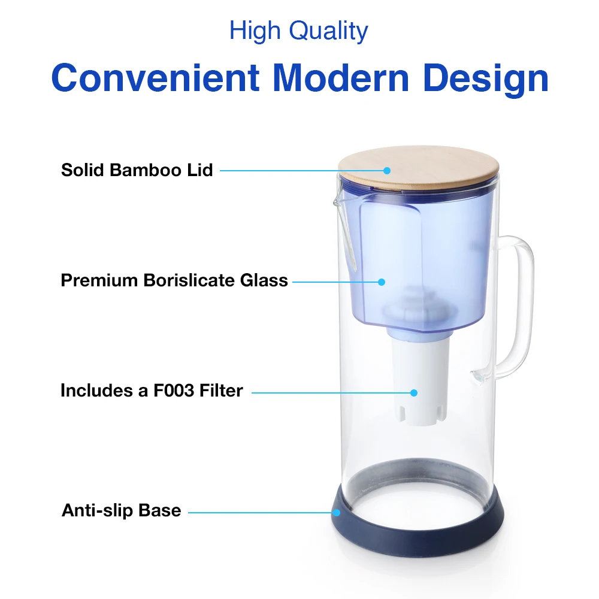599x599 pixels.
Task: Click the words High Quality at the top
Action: [x=299, y=31]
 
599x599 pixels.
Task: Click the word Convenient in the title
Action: [x=156, y=78]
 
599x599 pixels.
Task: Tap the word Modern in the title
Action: [x=342, y=78]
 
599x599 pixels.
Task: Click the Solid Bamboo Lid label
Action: [x=137, y=170]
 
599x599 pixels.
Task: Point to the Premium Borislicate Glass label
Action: [x=174, y=280]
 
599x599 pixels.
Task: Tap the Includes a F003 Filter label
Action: [x=152, y=391]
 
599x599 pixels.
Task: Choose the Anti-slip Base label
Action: [x=121, y=511]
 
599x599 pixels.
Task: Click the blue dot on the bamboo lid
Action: [x=388, y=170]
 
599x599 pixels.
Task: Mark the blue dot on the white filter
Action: [x=413, y=392]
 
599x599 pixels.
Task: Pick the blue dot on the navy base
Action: [x=337, y=512]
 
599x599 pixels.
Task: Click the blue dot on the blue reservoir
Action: [x=380, y=281]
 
